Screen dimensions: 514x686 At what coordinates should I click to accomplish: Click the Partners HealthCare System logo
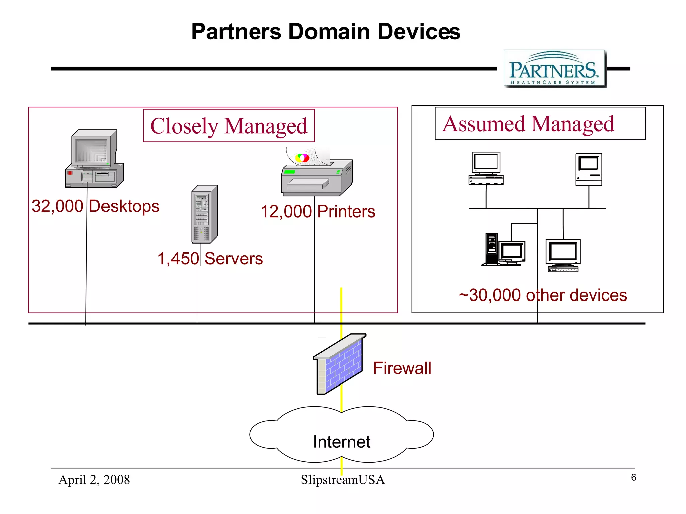pos(555,69)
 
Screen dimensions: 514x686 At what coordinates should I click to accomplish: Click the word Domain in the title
pos(329,32)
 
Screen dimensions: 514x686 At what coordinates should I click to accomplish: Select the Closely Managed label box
pos(229,126)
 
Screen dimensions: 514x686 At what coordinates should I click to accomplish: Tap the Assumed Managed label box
pos(540,123)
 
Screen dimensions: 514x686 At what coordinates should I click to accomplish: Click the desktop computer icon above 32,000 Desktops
pos(94,159)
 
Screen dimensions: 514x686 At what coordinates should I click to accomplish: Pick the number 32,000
pos(57,206)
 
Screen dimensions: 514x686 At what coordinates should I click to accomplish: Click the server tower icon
pos(204,214)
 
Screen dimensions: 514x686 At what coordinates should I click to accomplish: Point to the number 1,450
pos(178,259)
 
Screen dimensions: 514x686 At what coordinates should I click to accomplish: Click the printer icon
pos(317,177)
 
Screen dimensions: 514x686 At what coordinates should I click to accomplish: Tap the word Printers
pos(346,211)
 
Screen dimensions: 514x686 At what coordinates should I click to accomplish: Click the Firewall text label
pos(402,368)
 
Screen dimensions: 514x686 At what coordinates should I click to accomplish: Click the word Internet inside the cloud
pos(341,442)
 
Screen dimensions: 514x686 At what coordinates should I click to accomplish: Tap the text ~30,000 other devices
pos(543,295)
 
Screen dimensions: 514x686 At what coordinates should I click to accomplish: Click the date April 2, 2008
pos(94,480)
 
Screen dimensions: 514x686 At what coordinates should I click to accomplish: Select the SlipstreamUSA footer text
pos(342,480)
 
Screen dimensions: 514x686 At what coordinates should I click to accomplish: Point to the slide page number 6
pos(633,477)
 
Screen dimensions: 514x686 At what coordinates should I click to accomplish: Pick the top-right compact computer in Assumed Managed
pos(589,169)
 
